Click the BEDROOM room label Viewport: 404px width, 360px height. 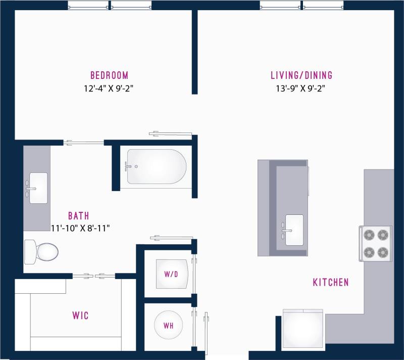tap(109, 76)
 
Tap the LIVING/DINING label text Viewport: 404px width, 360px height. tap(301, 76)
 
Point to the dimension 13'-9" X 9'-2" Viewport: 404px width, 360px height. tap(301, 88)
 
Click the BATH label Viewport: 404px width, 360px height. tap(79, 216)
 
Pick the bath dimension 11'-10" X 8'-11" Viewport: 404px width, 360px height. tap(81, 228)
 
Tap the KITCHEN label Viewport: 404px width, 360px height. tap(331, 282)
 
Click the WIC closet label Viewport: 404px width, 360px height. tap(80, 316)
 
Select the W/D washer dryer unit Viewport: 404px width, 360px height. tap(172, 274)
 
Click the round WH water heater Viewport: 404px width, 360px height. tap(169, 326)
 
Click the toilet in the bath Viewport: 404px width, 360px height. tap(42, 250)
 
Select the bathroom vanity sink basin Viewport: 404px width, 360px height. tap(38, 188)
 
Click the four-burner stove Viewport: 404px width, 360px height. tap(376, 243)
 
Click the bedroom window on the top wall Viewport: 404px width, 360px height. tap(110, 6)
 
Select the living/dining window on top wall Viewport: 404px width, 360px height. tap(301, 6)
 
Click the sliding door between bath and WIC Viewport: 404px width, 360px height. tap(94, 276)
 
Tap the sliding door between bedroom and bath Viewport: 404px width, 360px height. tap(84, 142)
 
